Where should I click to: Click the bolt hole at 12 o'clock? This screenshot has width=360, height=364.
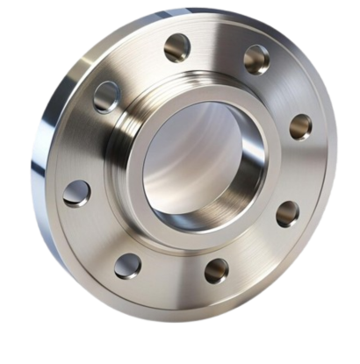point(176,46)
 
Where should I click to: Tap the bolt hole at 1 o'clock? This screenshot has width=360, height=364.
point(256,58)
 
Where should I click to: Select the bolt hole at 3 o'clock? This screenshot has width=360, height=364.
point(300,125)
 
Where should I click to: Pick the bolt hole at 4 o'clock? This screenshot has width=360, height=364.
point(287,213)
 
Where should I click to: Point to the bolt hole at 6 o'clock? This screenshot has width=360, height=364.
point(216,269)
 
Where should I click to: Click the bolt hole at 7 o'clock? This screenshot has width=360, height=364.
point(128,265)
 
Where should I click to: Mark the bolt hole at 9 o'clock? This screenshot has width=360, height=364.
point(76,193)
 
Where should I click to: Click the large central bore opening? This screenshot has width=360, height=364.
point(198,162)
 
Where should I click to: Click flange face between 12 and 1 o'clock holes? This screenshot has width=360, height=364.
point(217,46)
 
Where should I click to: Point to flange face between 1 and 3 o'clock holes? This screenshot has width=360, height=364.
point(285,88)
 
